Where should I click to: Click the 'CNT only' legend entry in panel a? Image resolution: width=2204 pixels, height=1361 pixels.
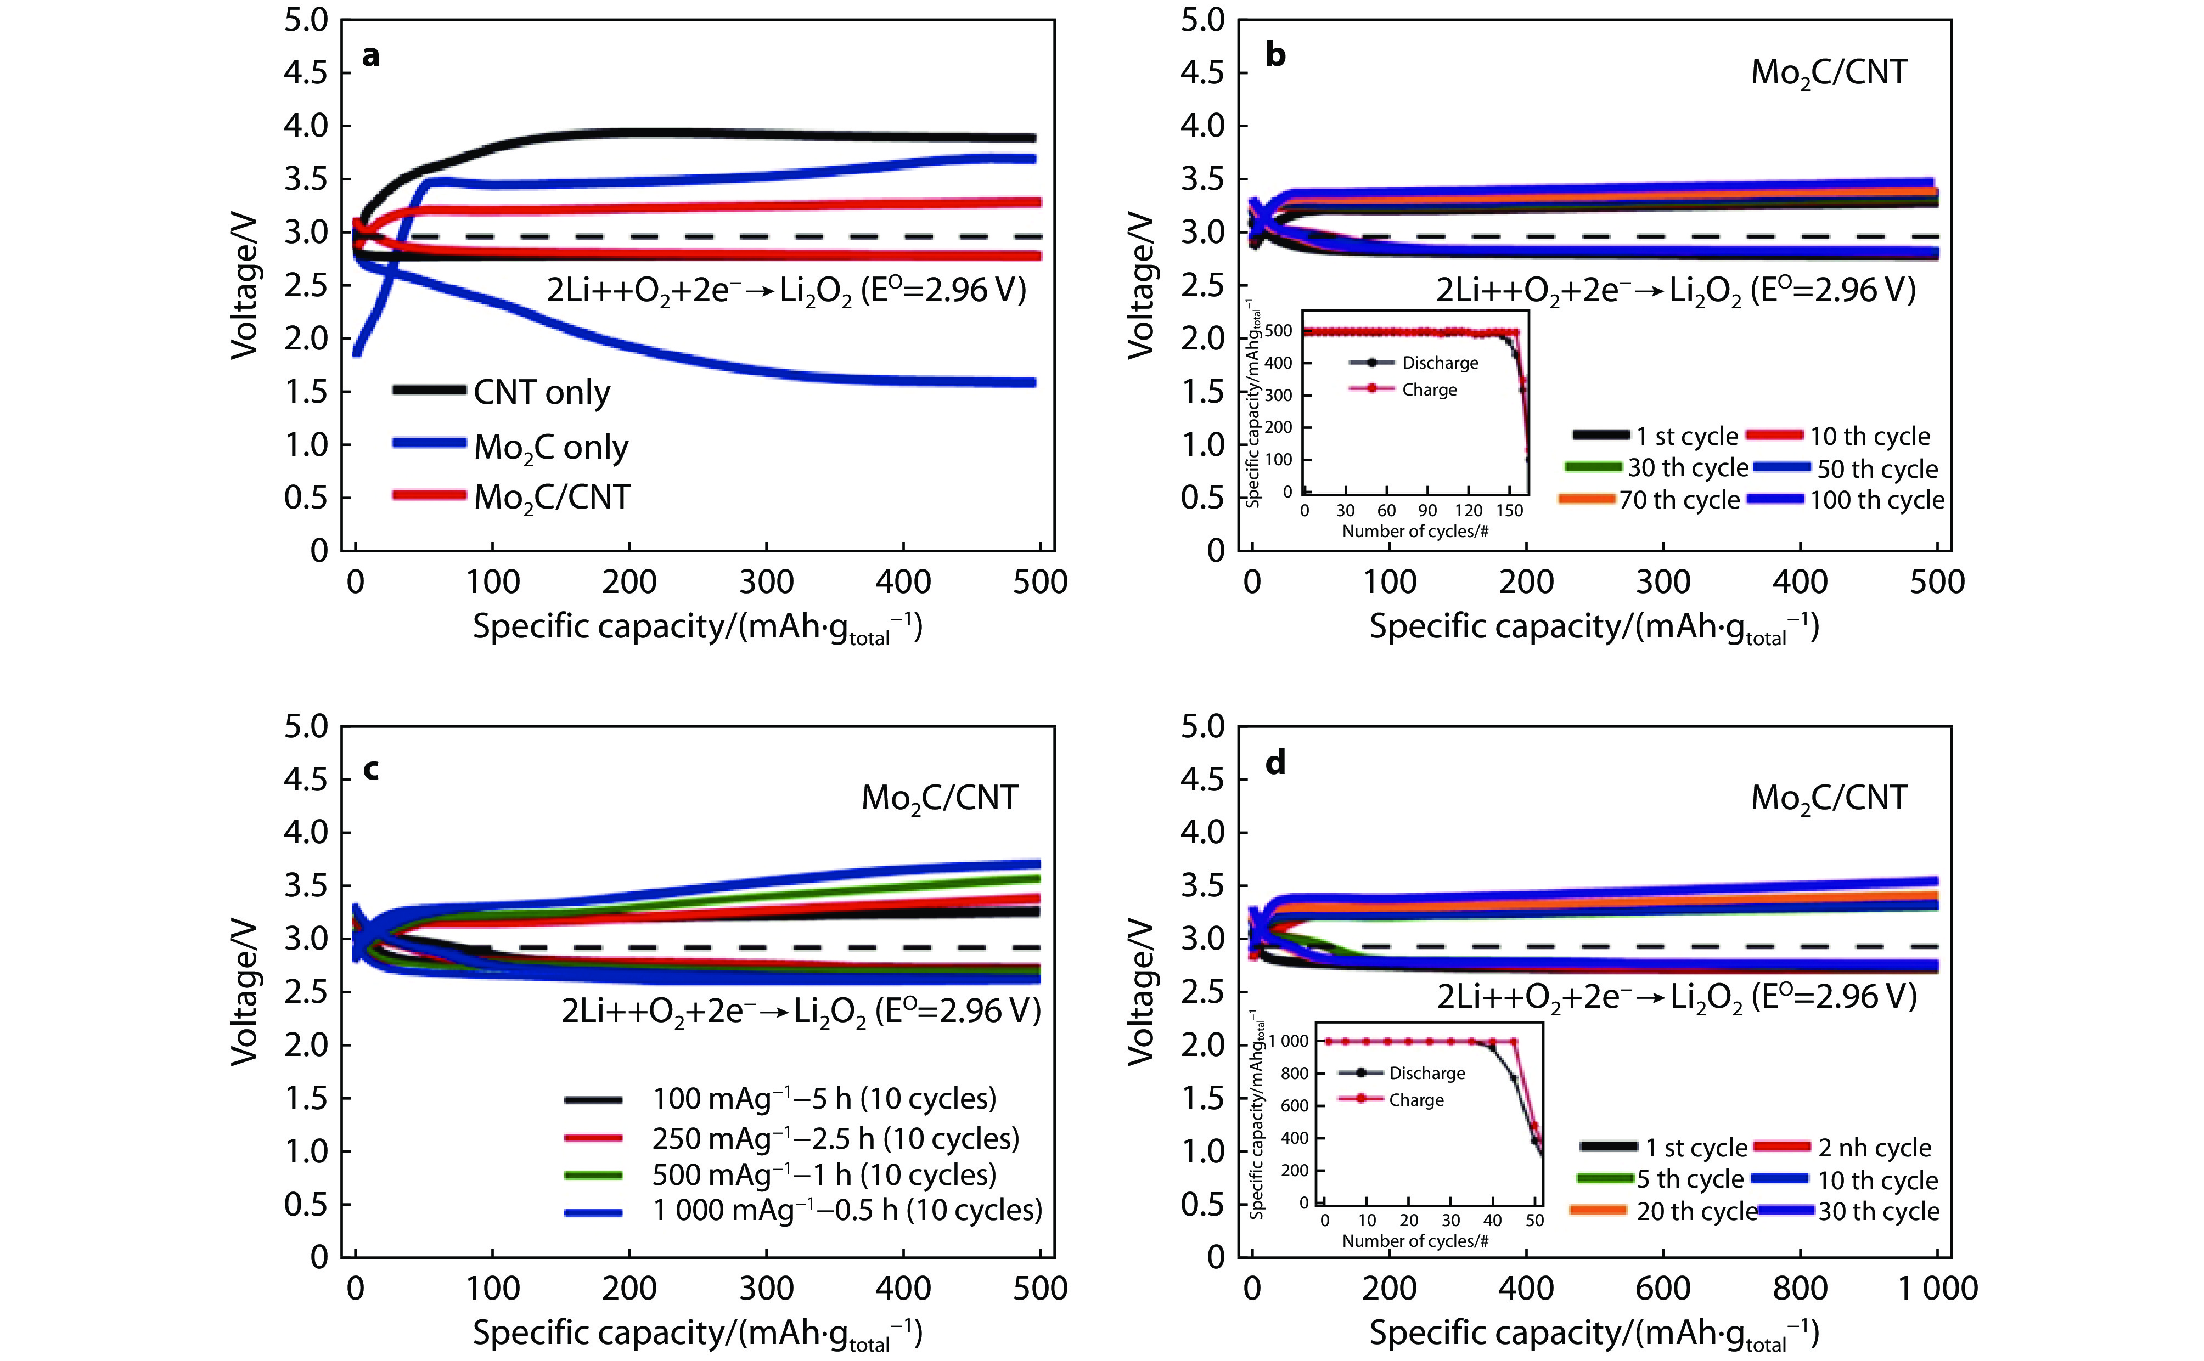(x=541, y=392)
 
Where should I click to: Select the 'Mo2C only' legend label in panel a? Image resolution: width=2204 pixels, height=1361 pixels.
(x=550, y=448)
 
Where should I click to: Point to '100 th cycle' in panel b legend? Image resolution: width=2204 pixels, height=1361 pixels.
(x=1876, y=500)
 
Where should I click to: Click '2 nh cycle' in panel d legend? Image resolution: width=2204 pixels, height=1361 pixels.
(x=1875, y=1148)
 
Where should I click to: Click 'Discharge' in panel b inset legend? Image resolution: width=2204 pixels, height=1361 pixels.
(x=1440, y=363)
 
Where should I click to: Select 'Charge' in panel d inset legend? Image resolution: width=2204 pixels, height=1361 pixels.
(x=1415, y=1100)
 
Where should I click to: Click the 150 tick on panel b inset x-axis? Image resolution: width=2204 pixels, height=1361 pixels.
(x=1509, y=510)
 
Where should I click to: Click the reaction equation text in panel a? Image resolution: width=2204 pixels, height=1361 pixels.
(x=785, y=291)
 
